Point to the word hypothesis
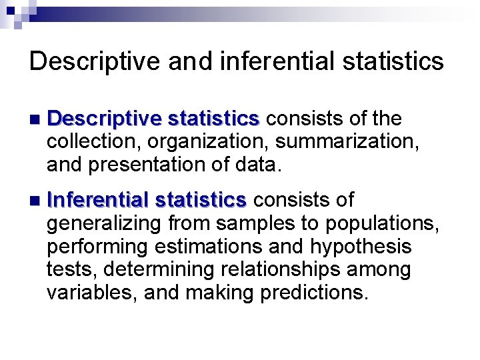click(x=361, y=247)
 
